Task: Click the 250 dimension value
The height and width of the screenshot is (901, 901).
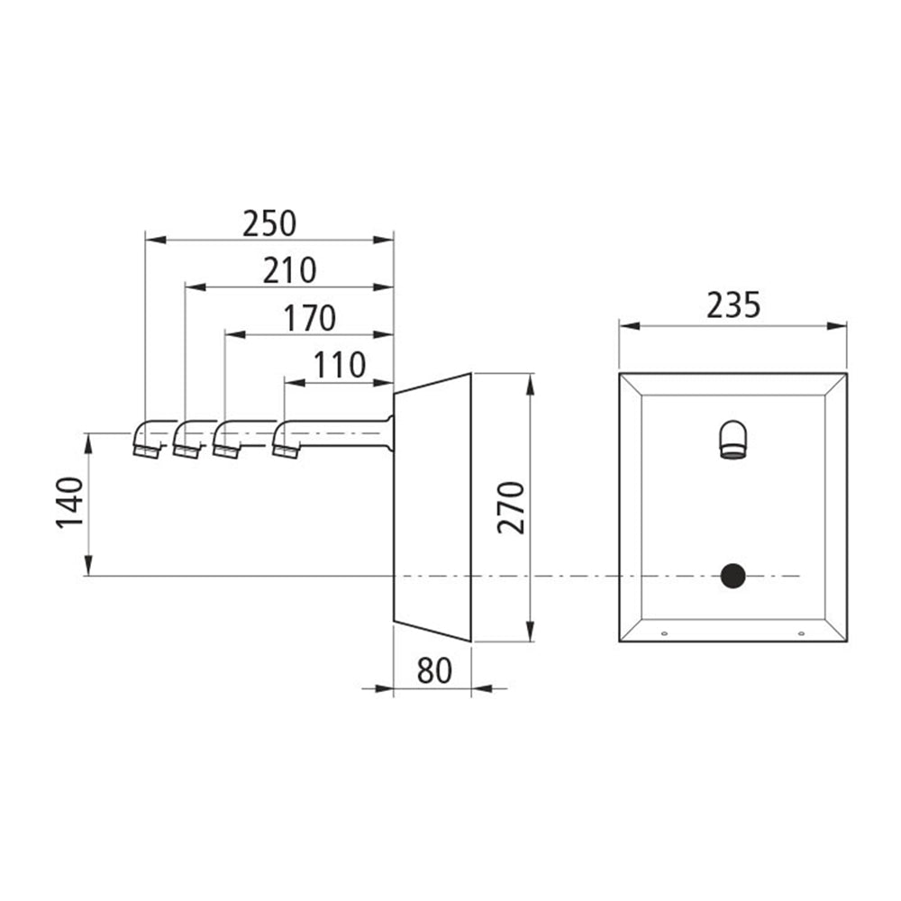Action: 268,223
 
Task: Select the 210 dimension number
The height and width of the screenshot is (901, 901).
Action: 289,270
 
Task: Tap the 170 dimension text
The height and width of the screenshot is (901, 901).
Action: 310,318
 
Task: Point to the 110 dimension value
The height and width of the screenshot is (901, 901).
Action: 339,365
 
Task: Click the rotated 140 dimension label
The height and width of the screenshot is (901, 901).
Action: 70,502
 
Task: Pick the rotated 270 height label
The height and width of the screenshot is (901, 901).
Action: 512,507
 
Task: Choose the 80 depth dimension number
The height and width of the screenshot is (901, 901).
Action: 434,670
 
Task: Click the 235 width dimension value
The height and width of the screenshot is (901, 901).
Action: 733,305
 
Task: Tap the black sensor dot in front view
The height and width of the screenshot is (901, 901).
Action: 733,576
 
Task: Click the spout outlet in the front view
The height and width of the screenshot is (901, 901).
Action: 733,441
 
